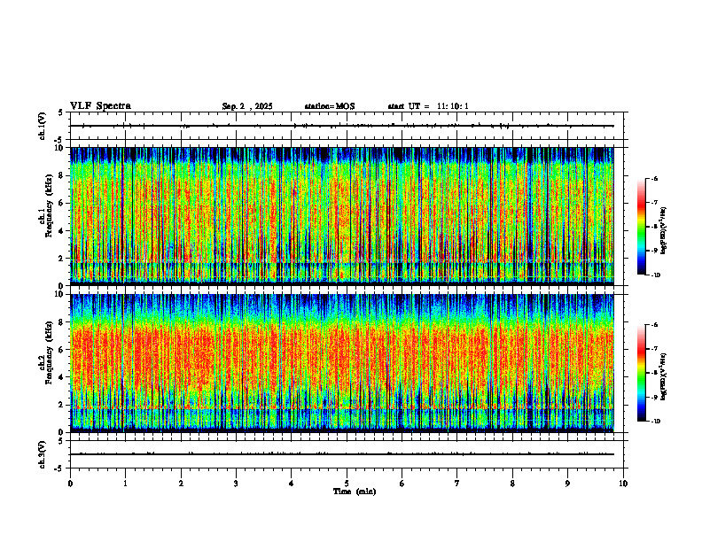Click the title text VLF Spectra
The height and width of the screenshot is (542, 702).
click(100, 106)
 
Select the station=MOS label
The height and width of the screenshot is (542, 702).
click(329, 106)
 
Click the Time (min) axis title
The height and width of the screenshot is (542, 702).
click(355, 491)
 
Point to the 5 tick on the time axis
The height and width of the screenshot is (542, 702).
click(347, 484)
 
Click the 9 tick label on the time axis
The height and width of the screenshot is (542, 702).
click(568, 484)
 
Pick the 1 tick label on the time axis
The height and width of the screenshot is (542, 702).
click(125, 484)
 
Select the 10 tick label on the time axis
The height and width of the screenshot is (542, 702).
click(623, 484)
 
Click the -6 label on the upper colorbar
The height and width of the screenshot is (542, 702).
click(655, 179)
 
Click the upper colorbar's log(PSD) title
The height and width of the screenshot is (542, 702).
click(676, 226)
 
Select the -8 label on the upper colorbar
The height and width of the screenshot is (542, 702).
click(655, 227)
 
